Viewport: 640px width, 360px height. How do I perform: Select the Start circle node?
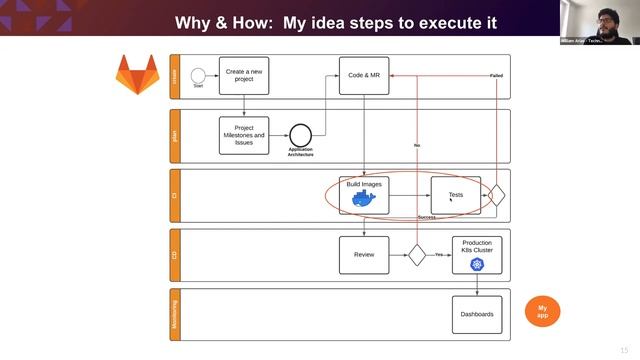pos(198,75)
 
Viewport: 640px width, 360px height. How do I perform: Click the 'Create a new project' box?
pos(244,76)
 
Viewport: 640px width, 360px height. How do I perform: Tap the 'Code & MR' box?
pos(363,76)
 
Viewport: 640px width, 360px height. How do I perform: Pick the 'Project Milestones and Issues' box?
pos(244,135)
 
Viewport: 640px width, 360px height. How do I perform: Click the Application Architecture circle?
pos(300,135)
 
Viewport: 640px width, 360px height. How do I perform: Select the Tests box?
pos(455,195)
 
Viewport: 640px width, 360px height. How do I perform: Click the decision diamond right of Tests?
pos(496,195)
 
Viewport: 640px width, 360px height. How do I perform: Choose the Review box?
pos(363,255)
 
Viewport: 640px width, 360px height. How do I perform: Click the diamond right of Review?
pos(416,255)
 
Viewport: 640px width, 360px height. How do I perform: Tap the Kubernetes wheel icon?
pos(477,265)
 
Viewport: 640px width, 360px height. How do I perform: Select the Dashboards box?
pos(476,314)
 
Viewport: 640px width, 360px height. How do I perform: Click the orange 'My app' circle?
pos(542,310)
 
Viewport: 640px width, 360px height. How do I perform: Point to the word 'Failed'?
pos(496,76)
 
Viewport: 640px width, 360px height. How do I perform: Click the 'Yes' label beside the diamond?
pos(438,255)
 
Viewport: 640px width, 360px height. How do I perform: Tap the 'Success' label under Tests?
pos(427,217)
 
